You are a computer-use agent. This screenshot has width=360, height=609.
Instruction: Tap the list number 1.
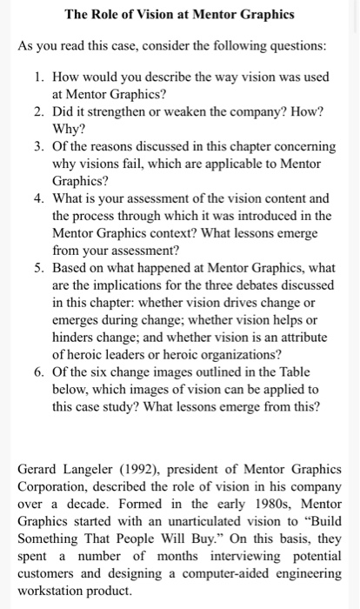[x=40, y=77]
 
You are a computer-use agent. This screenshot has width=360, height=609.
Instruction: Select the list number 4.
[x=40, y=197]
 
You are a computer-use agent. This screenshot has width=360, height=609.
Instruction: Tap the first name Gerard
[x=39, y=470]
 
